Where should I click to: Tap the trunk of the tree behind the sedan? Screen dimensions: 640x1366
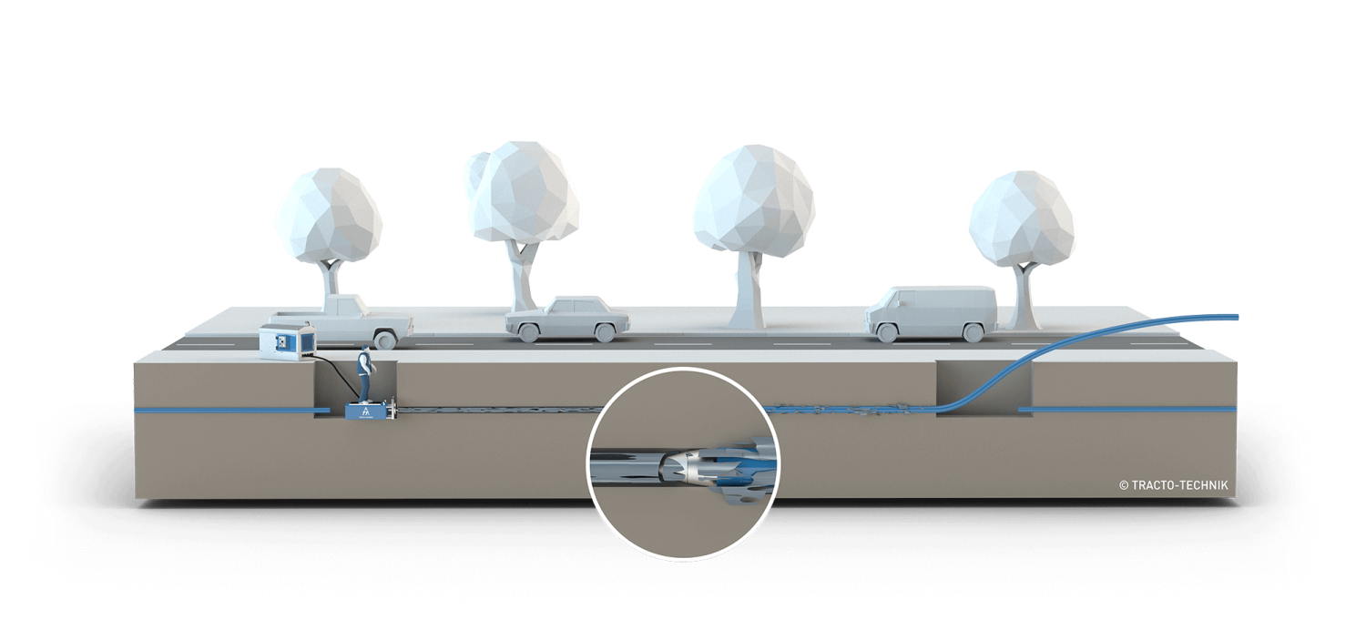[x=522, y=273]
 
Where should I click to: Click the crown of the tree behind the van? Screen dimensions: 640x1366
[x=1022, y=218]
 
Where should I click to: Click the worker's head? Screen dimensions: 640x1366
[x=366, y=351]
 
